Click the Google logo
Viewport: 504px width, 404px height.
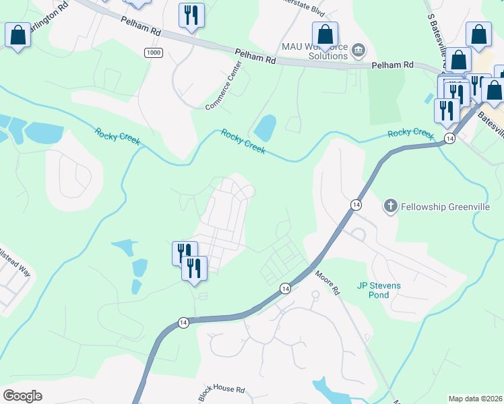[x=22, y=396]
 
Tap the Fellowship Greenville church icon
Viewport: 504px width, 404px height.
[x=390, y=205]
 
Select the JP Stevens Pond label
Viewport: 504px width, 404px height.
[x=379, y=290]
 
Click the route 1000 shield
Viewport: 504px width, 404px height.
[x=153, y=53]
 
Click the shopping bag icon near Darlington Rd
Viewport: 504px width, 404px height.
[x=18, y=34]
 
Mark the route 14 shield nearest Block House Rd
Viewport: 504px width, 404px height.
[x=183, y=323]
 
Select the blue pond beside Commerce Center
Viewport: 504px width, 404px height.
[x=264, y=127]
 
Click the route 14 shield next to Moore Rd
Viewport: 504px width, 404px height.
[x=286, y=288]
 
